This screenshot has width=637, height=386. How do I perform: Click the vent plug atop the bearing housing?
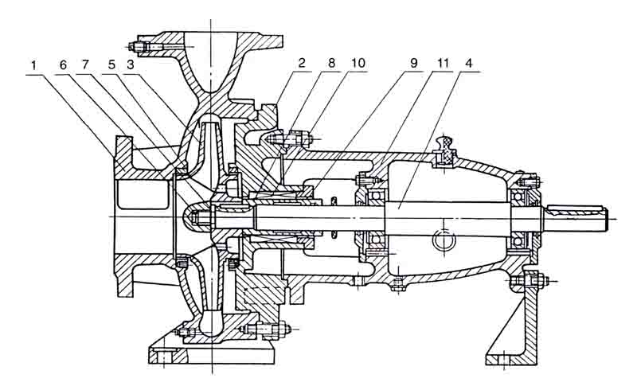(x=445, y=150)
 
